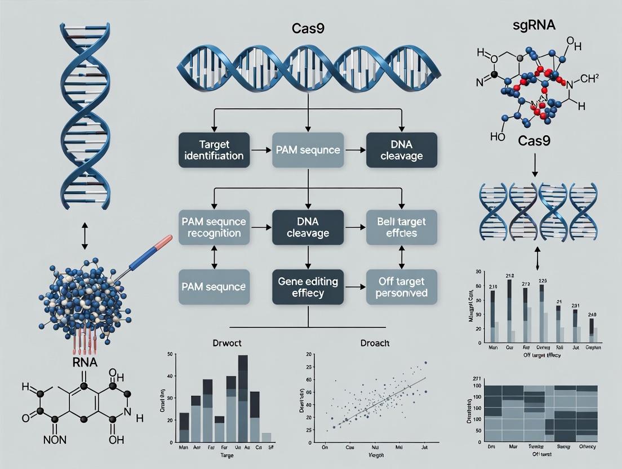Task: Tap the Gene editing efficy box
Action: point(308,286)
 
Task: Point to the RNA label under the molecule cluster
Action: point(85,361)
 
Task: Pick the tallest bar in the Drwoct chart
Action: point(243,400)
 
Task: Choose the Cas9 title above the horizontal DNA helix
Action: point(308,26)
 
